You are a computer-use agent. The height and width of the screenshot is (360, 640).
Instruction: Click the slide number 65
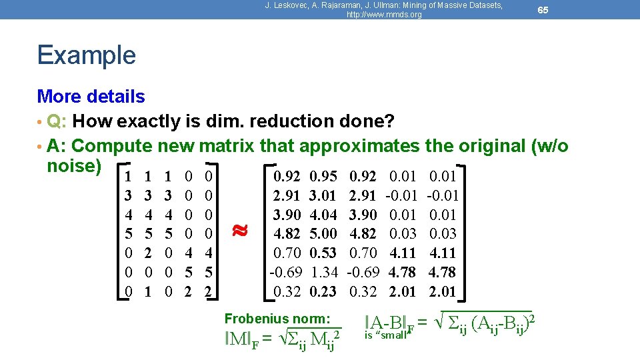pyautogui.click(x=543, y=10)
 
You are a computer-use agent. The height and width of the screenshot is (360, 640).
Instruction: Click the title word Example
pyautogui.click(x=87, y=55)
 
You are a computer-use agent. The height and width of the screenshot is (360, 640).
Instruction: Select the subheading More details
pyautogui.click(x=91, y=97)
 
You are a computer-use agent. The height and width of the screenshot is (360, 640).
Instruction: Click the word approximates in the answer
pyautogui.click(x=359, y=145)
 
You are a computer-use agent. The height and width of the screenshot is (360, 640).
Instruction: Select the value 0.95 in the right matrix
pyautogui.click(x=323, y=177)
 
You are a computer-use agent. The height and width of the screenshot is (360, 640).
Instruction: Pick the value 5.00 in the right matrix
pyautogui.click(x=323, y=234)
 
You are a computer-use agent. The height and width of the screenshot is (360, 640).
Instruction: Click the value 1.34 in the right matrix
pyautogui.click(x=323, y=272)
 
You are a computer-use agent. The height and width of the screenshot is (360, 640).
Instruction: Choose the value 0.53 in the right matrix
pyautogui.click(x=323, y=253)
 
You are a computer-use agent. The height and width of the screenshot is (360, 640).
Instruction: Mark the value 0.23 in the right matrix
pyautogui.click(x=323, y=291)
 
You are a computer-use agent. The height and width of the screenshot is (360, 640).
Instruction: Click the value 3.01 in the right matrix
pyautogui.click(x=323, y=196)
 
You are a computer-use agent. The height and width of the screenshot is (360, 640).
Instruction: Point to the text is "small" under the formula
pyautogui.click(x=386, y=335)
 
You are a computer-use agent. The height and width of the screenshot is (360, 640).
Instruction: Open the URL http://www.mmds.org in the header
pyautogui.click(x=384, y=15)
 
